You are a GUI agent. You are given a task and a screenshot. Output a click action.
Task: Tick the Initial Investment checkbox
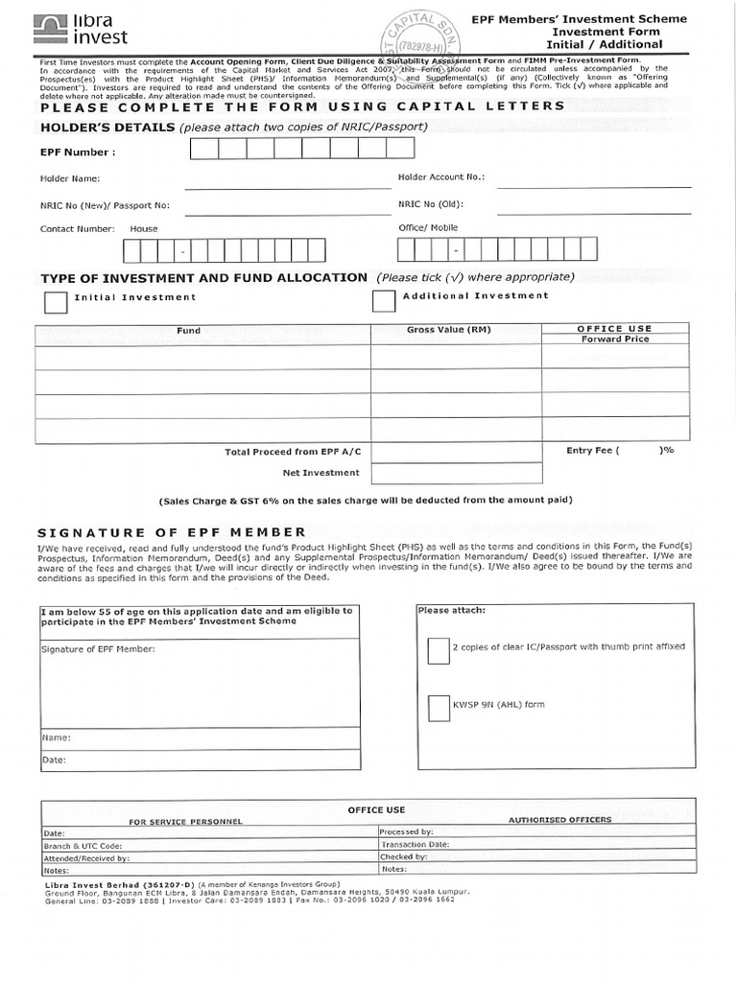pos(56,302)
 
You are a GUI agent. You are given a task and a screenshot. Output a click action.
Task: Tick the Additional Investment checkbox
pos(384,301)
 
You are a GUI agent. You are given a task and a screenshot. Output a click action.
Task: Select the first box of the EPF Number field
pos(203,148)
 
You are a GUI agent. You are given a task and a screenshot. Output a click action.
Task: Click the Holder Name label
pos(69,178)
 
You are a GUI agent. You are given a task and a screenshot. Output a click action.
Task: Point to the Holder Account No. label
pos(441,177)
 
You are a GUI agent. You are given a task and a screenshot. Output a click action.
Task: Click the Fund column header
pos(189,331)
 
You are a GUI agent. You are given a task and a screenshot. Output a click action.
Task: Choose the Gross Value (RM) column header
pos(448,330)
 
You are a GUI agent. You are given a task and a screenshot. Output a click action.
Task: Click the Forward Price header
pos(614,339)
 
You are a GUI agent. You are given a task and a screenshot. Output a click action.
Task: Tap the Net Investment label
pos(321,473)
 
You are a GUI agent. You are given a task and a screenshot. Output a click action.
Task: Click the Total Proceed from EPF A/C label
pos(292,452)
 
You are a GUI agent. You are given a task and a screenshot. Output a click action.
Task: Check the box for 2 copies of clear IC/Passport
pos(438,651)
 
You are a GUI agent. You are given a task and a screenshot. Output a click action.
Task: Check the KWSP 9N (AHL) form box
pos(438,708)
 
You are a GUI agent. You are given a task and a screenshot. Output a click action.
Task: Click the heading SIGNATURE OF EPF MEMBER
pos(171,532)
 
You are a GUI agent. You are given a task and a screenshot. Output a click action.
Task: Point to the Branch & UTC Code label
pos(83,846)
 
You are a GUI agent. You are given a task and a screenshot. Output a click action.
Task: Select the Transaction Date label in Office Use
pos(415,845)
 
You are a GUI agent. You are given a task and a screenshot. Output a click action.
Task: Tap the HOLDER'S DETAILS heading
pos(107,127)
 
